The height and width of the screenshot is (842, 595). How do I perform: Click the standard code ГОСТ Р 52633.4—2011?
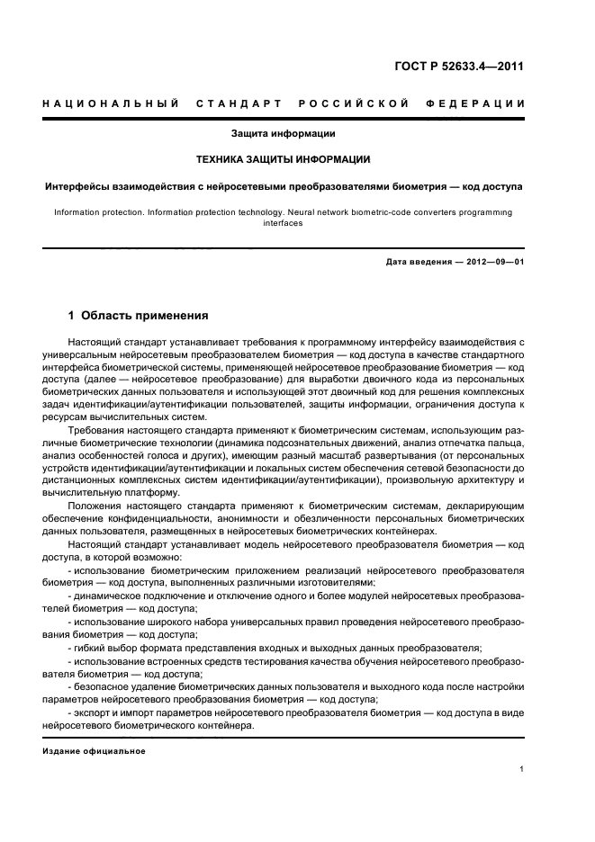click(459, 66)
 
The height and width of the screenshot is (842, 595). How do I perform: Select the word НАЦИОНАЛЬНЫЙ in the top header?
click(111, 103)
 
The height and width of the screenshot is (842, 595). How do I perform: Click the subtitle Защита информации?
click(283, 134)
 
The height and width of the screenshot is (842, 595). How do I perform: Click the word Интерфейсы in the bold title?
click(78, 186)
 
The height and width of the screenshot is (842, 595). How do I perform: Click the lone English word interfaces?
click(283, 223)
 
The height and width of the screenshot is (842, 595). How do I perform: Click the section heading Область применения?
click(144, 316)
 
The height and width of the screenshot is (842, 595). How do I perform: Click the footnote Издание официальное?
click(95, 751)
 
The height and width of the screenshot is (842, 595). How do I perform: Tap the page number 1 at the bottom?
click(522, 769)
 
